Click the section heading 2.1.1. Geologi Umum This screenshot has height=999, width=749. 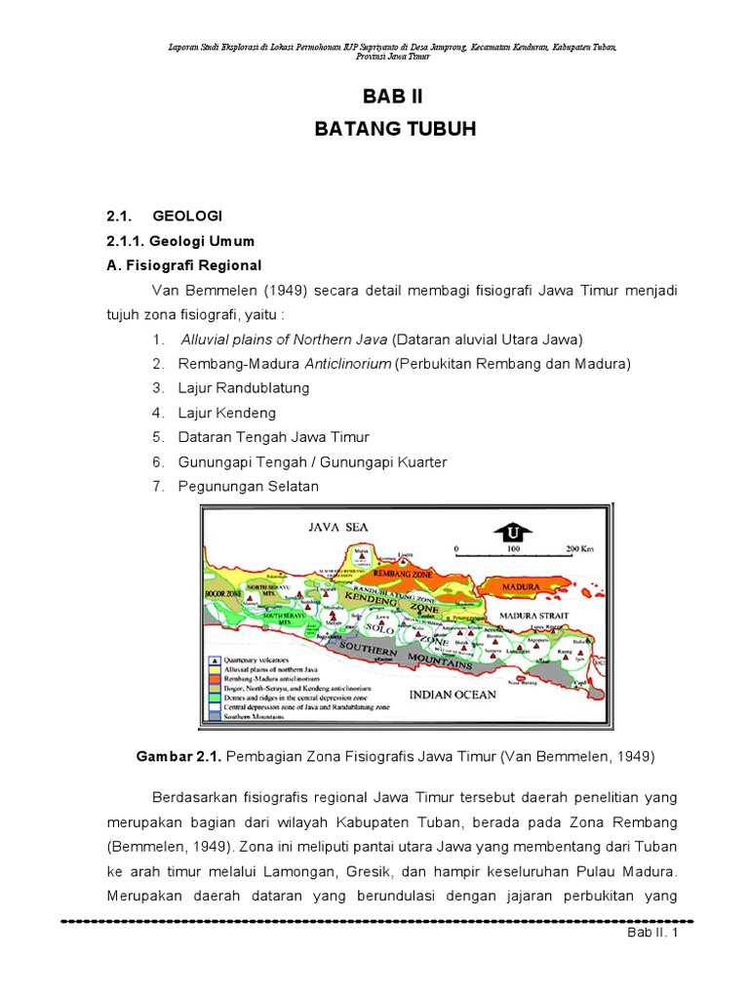pos(179,240)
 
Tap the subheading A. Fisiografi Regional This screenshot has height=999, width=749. pos(183,265)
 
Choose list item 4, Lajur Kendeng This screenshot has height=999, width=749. pos(226,413)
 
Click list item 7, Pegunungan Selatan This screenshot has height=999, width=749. pos(248,486)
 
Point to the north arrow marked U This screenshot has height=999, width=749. pos(511,532)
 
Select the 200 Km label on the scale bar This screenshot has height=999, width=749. pos(578,549)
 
